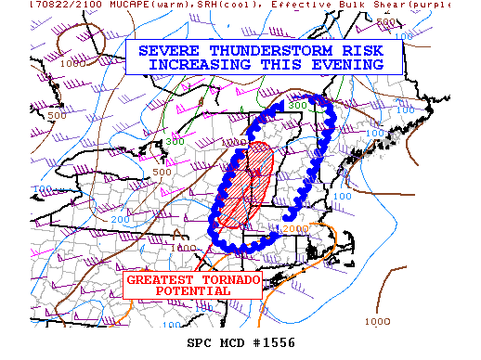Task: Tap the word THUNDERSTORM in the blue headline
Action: pos(249,52)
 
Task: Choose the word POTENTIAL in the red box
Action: pos(192,291)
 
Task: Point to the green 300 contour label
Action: pos(296,106)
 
